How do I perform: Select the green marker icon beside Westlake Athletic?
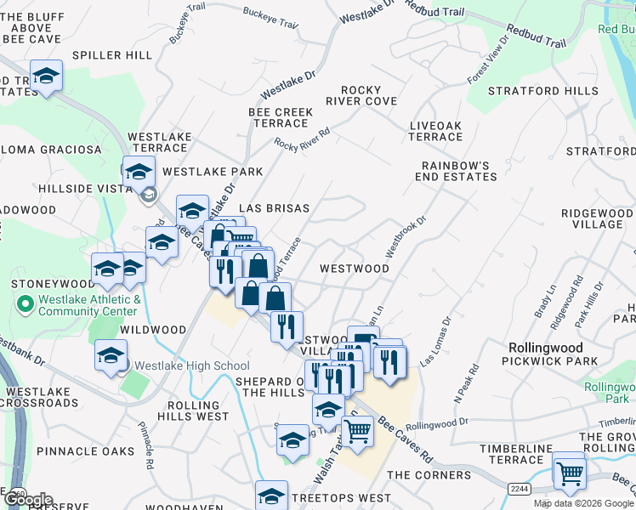[x=24, y=302]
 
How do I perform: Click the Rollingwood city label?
[x=545, y=348]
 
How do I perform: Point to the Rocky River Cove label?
[x=368, y=95]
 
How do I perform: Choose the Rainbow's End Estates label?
[x=455, y=171]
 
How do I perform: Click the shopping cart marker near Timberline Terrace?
[x=568, y=473]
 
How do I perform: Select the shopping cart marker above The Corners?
[x=357, y=431]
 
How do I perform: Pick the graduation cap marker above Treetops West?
[x=272, y=496]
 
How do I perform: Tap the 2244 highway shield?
[x=520, y=489]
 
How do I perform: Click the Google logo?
[x=27, y=500]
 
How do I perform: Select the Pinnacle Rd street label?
[x=146, y=450]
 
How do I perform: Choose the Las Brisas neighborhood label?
[x=274, y=208]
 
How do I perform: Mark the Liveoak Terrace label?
[x=435, y=131]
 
